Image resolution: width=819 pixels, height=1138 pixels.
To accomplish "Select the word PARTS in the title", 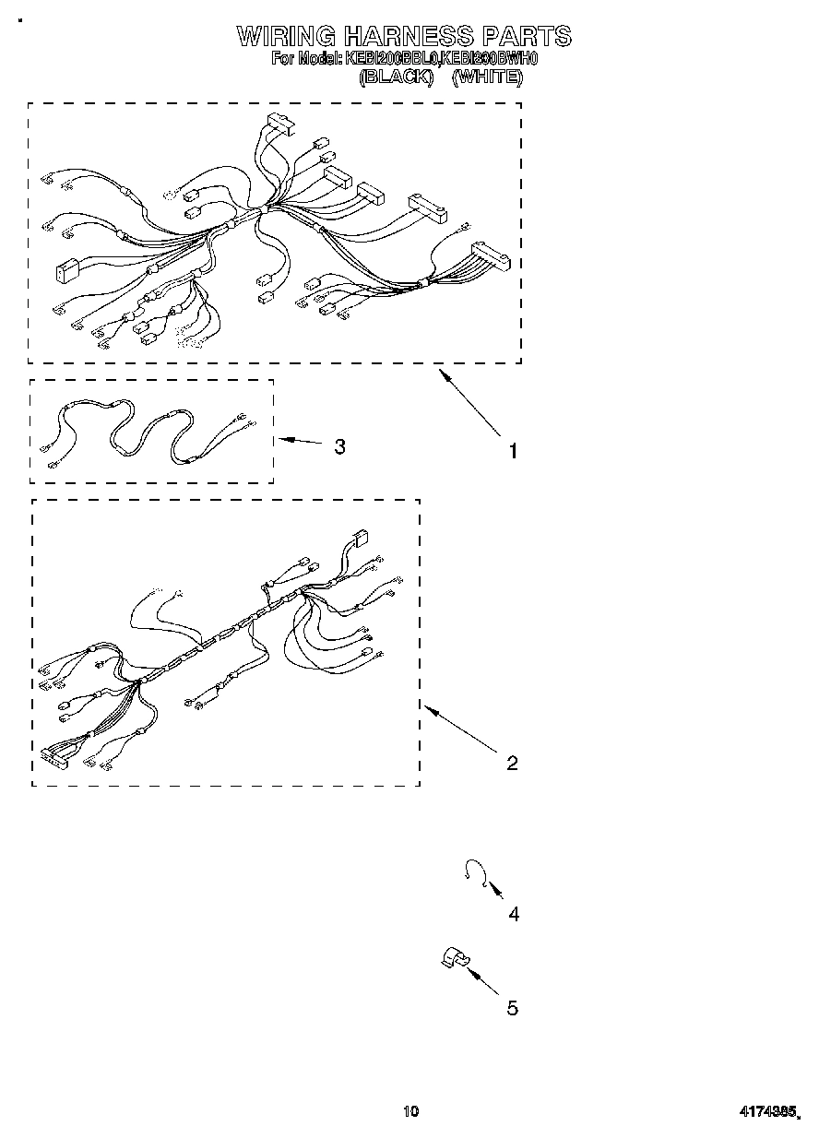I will coord(524,36).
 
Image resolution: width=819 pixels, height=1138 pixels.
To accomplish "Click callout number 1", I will coord(513,451).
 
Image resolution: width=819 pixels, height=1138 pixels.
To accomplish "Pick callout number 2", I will coord(512,763).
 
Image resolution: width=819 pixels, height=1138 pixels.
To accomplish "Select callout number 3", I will coord(339,446).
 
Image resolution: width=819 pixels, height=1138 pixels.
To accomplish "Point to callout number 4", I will coord(514,914).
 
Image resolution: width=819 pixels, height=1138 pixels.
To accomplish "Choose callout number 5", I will coord(513,1008).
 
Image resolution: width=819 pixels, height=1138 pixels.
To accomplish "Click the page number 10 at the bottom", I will coord(410,1111).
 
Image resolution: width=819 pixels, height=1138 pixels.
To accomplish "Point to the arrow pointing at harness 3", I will coord(300,441).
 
